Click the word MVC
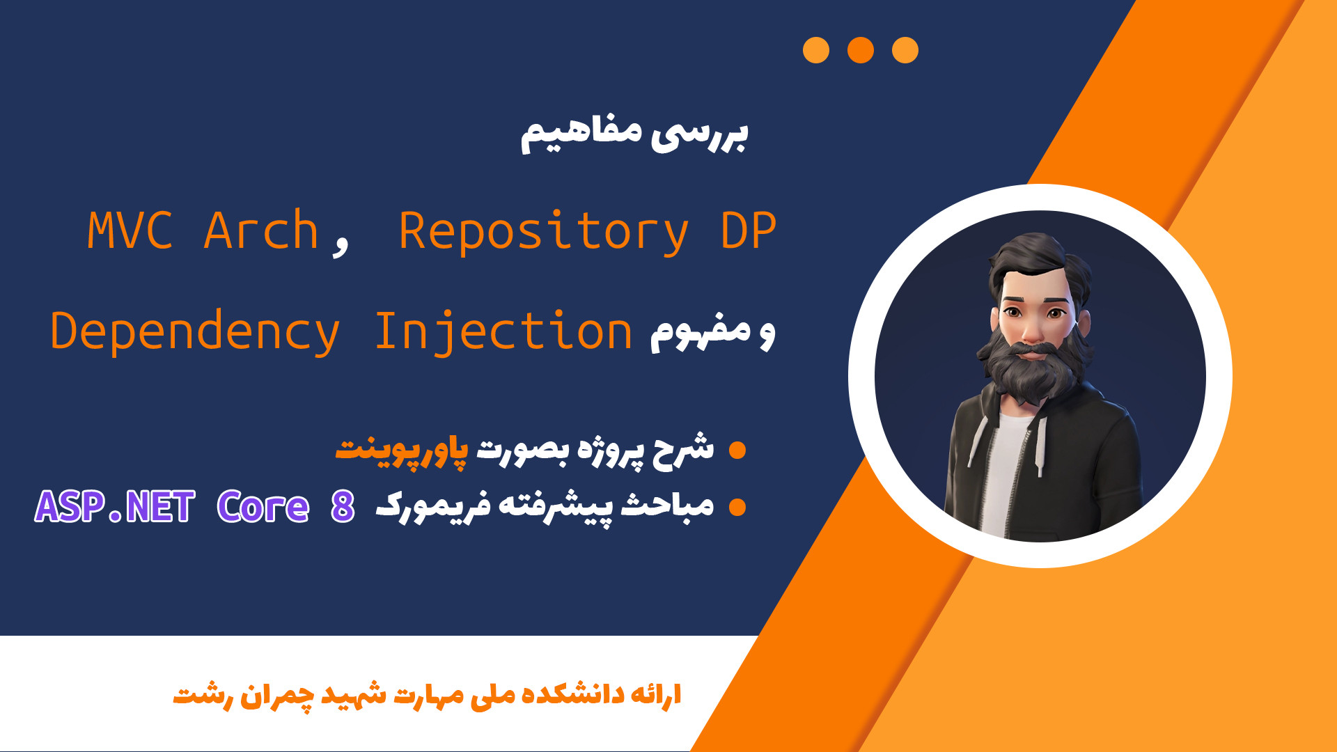click(x=130, y=230)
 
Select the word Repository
click(x=543, y=232)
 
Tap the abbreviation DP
click(x=749, y=230)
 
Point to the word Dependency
click(x=195, y=332)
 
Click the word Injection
click(x=503, y=331)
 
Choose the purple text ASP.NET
click(x=115, y=506)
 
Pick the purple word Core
click(x=263, y=506)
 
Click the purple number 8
click(x=343, y=506)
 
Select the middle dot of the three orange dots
click(x=861, y=50)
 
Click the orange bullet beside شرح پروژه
click(x=737, y=451)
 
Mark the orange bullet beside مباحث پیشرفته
click(x=737, y=507)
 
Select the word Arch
click(x=261, y=230)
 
